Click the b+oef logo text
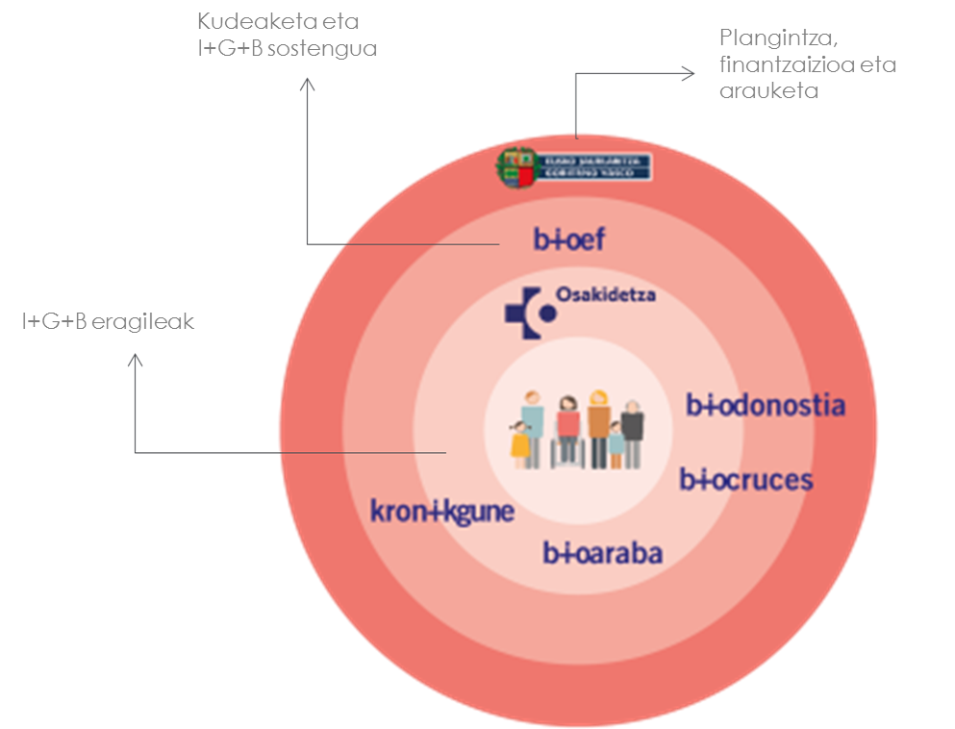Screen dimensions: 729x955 570,239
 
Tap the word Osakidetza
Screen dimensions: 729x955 605,295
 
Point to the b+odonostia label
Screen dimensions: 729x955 766,405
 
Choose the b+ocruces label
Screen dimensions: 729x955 746,479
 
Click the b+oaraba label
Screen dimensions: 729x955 603,553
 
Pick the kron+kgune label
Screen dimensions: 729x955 442,511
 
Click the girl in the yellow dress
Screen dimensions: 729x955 521,444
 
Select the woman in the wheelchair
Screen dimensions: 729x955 567,433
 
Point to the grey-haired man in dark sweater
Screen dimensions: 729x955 632,431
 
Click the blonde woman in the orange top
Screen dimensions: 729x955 598,427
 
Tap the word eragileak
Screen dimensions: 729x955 143,322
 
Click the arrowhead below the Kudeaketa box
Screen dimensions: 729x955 307,85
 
